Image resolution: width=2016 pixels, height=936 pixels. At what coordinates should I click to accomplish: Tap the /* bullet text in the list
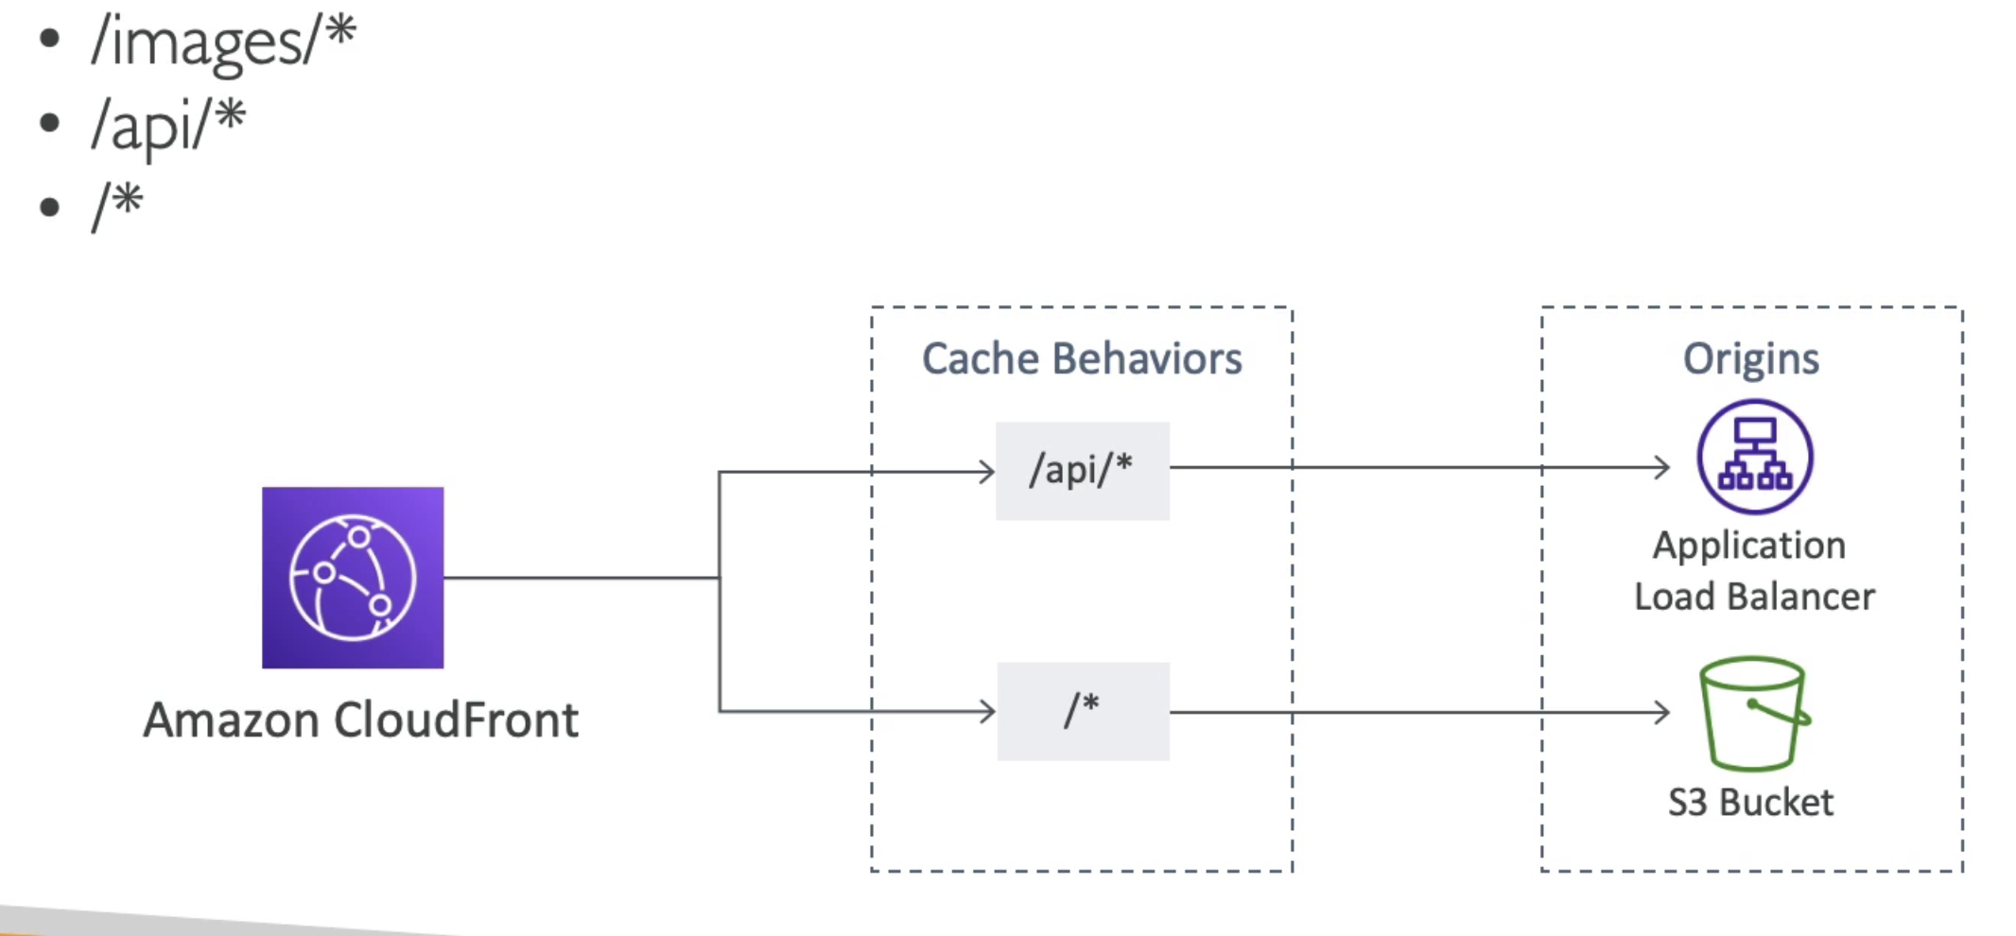pyautogui.click(x=117, y=206)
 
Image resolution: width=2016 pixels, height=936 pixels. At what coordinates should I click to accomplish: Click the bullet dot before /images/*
pyautogui.click(x=50, y=39)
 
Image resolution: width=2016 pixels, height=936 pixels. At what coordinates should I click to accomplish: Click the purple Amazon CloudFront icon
pyautogui.click(x=353, y=578)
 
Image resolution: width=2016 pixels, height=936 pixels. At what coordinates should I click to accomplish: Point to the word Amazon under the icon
pyautogui.click(x=232, y=720)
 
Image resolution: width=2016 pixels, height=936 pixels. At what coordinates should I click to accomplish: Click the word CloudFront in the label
pyautogui.click(x=456, y=720)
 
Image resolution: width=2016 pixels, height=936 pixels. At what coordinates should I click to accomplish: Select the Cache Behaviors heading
pyautogui.click(x=1082, y=359)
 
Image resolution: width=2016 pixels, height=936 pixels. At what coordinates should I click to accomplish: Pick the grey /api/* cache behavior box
pyautogui.click(x=1083, y=471)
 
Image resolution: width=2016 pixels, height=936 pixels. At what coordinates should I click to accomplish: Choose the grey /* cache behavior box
pyautogui.click(x=1084, y=711)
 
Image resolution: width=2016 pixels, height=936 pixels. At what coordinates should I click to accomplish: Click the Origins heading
pyautogui.click(x=1751, y=359)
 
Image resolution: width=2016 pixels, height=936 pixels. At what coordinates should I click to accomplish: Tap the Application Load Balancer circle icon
pyautogui.click(x=1755, y=457)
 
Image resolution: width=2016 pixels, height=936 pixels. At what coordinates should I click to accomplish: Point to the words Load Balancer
pyautogui.click(x=1754, y=597)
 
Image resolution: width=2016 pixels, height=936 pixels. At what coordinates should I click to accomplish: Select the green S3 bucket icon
pyautogui.click(x=1755, y=714)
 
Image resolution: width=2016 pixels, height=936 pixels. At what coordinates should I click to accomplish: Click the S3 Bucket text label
pyautogui.click(x=1750, y=803)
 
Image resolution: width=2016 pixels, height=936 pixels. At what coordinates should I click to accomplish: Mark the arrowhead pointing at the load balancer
pyautogui.click(x=1662, y=467)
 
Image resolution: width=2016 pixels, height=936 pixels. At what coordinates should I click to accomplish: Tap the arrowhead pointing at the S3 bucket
pyautogui.click(x=1662, y=712)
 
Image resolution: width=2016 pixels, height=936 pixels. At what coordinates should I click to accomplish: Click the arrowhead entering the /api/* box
pyautogui.click(x=986, y=471)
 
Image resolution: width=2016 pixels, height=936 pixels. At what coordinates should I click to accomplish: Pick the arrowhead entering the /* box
pyautogui.click(x=986, y=711)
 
